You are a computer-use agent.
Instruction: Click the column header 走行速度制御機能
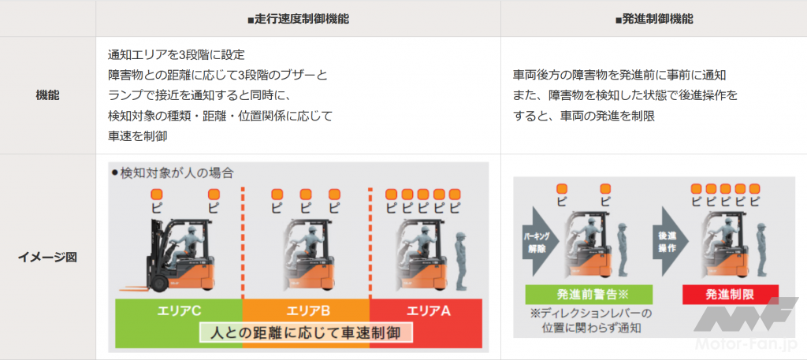(298, 20)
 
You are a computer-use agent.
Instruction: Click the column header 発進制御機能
(654, 20)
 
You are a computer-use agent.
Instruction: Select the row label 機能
(47, 95)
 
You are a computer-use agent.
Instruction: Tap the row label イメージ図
(47, 257)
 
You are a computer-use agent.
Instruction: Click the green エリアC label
(179, 311)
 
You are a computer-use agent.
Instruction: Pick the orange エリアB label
(306, 311)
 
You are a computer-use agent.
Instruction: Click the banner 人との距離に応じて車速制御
(306, 332)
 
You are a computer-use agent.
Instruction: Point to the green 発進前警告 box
(589, 295)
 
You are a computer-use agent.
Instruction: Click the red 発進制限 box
(731, 295)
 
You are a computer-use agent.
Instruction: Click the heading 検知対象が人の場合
(173, 173)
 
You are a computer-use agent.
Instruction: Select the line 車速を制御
(137, 137)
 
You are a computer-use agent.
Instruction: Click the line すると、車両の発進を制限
(584, 117)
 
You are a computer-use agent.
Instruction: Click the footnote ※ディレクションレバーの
(589, 314)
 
